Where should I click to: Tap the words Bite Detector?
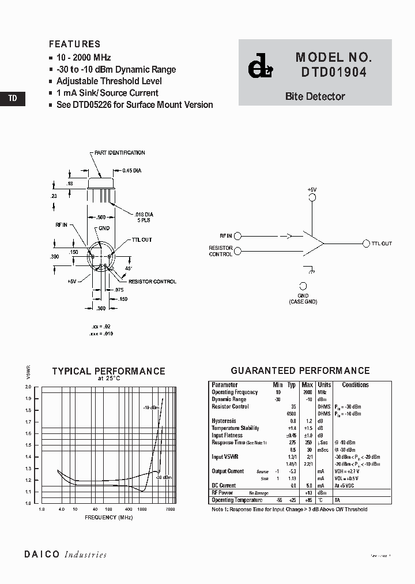(x=315, y=97)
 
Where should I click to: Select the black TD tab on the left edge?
(x=13, y=99)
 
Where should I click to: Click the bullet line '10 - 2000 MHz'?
(x=84, y=58)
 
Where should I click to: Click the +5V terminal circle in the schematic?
(x=312, y=197)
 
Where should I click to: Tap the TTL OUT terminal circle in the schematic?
(x=365, y=244)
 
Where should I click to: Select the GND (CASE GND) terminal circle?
(x=303, y=286)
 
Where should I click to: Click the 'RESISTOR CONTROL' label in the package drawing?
(x=152, y=282)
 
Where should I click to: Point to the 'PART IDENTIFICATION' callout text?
(x=120, y=153)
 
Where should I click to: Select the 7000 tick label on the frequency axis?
(x=170, y=510)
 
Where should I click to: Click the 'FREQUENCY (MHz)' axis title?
(x=109, y=518)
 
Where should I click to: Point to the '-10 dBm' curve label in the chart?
(x=151, y=407)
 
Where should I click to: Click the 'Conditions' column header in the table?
(x=355, y=385)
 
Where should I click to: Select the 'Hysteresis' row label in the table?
(x=223, y=421)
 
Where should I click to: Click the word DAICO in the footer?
(x=41, y=555)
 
